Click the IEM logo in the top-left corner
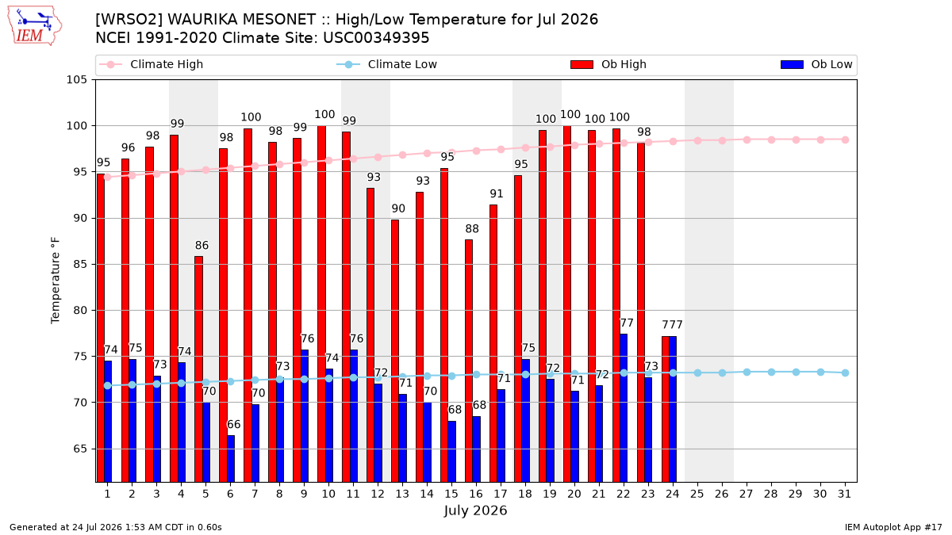point(35,26)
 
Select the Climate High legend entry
point(151,64)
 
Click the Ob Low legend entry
point(816,64)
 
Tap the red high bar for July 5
point(198,369)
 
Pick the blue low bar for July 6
point(231,459)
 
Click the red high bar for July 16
point(469,361)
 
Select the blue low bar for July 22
point(624,408)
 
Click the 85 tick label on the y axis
point(79,265)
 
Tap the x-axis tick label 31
point(844,495)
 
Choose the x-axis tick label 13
point(402,495)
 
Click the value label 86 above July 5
point(202,246)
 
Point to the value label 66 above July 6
point(234,425)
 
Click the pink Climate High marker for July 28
point(771,139)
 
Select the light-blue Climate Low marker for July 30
point(820,372)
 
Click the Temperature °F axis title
point(56,281)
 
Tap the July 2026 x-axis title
point(475,510)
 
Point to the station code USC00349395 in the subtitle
point(376,38)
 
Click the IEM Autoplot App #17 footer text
point(893,527)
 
